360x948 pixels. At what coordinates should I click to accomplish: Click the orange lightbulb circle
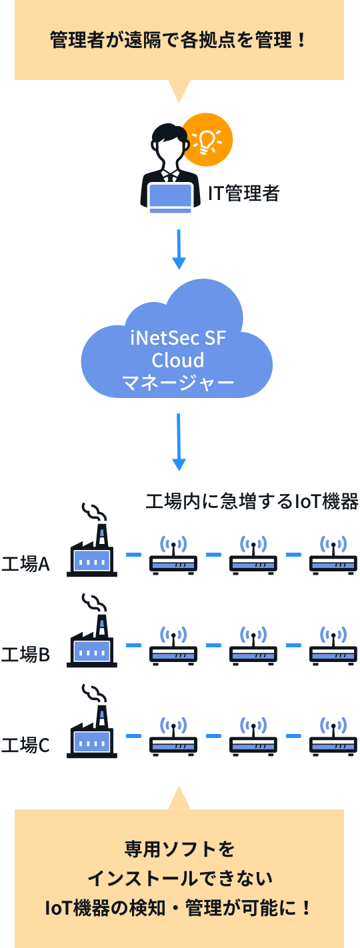tap(207, 139)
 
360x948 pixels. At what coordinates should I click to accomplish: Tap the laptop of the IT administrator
tap(171, 197)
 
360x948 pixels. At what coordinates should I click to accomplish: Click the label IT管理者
tap(243, 193)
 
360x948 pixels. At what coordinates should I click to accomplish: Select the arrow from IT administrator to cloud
tap(179, 249)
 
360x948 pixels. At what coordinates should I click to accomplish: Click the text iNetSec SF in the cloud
tap(178, 338)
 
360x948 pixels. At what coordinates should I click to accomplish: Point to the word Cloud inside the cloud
tap(178, 360)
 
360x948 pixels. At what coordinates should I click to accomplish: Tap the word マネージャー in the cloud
tap(178, 383)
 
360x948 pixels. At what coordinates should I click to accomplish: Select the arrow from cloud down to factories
tap(179, 442)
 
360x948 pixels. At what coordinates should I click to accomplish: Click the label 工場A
tap(25, 564)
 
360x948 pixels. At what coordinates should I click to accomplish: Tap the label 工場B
tap(25, 655)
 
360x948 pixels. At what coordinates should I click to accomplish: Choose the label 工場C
tap(25, 745)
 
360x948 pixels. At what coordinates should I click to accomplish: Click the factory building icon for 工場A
tap(92, 550)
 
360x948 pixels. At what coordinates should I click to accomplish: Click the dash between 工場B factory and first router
tap(134, 645)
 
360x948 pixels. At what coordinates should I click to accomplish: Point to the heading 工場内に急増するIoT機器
tap(252, 501)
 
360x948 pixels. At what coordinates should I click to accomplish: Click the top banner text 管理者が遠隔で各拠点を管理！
tap(179, 40)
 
